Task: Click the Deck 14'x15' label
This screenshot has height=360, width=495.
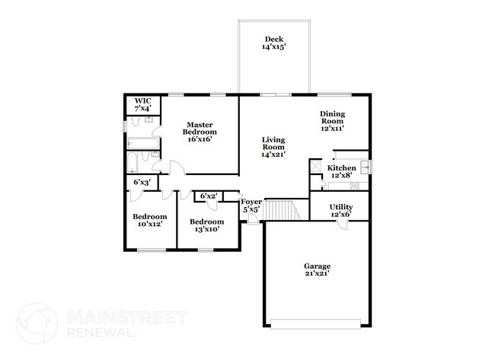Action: tap(273, 44)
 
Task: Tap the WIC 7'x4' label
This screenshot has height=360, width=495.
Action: tap(142, 105)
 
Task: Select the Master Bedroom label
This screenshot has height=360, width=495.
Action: tap(200, 132)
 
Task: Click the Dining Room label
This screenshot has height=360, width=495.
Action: tap(332, 121)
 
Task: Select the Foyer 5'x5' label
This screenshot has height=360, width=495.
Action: tap(251, 205)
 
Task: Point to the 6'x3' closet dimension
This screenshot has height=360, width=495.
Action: tap(141, 183)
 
